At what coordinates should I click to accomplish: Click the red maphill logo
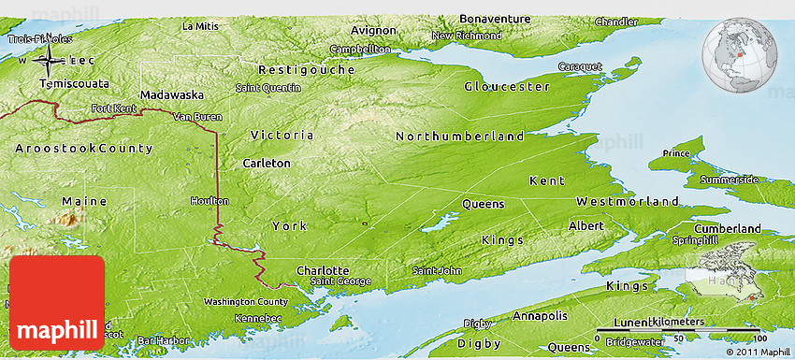coord(57,302)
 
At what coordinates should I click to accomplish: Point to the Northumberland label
coord(459,137)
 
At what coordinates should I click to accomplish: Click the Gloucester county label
coord(507,87)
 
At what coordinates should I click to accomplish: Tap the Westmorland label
coord(627,202)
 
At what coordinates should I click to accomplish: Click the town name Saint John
coord(437,271)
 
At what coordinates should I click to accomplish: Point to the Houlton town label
coord(209,201)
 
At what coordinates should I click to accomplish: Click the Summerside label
coord(730,179)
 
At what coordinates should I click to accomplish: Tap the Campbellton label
coord(360,49)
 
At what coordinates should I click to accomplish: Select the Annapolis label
coord(538,315)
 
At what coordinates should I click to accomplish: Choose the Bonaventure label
coord(495,19)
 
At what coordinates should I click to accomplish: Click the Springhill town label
coord(720,240)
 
